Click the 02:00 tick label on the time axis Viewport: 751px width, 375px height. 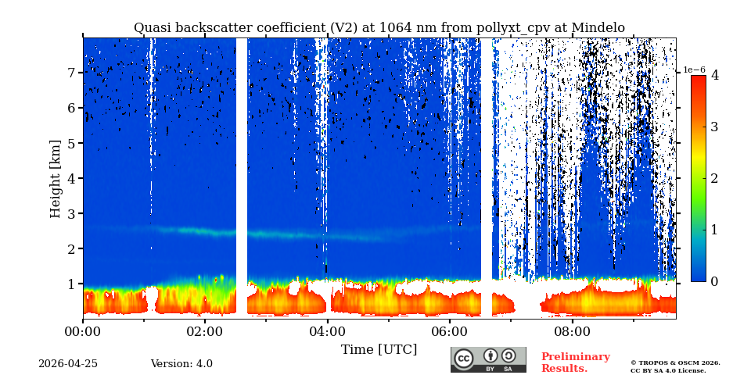pos(205,330)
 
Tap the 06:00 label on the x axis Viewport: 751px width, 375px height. pos(450,330)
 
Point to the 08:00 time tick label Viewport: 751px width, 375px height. pos(572,330)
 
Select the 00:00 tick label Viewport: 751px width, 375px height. pos(83,330)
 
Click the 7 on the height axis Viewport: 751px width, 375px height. pos(70,73)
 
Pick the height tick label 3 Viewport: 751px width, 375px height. pos(70,213)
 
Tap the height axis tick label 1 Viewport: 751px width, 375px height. pos(70,284)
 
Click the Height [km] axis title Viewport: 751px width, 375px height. pos(55,179)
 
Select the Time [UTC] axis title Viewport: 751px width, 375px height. pos(379,349)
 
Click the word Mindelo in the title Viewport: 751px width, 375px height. pos(598,28)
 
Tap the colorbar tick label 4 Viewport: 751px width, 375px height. pos(714,76)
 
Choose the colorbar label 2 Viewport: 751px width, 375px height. pos(714,178)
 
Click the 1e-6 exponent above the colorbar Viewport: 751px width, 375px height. pos(695,70)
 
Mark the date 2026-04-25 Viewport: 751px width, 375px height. pos(68,364)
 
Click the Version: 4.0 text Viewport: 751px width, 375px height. pos(181,364)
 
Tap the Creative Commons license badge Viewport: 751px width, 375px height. pos(488,359)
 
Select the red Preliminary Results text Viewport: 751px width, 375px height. pos(575,362)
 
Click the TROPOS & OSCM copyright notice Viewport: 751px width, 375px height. pos(675,366)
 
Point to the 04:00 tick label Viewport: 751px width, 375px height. pos(327,330)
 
